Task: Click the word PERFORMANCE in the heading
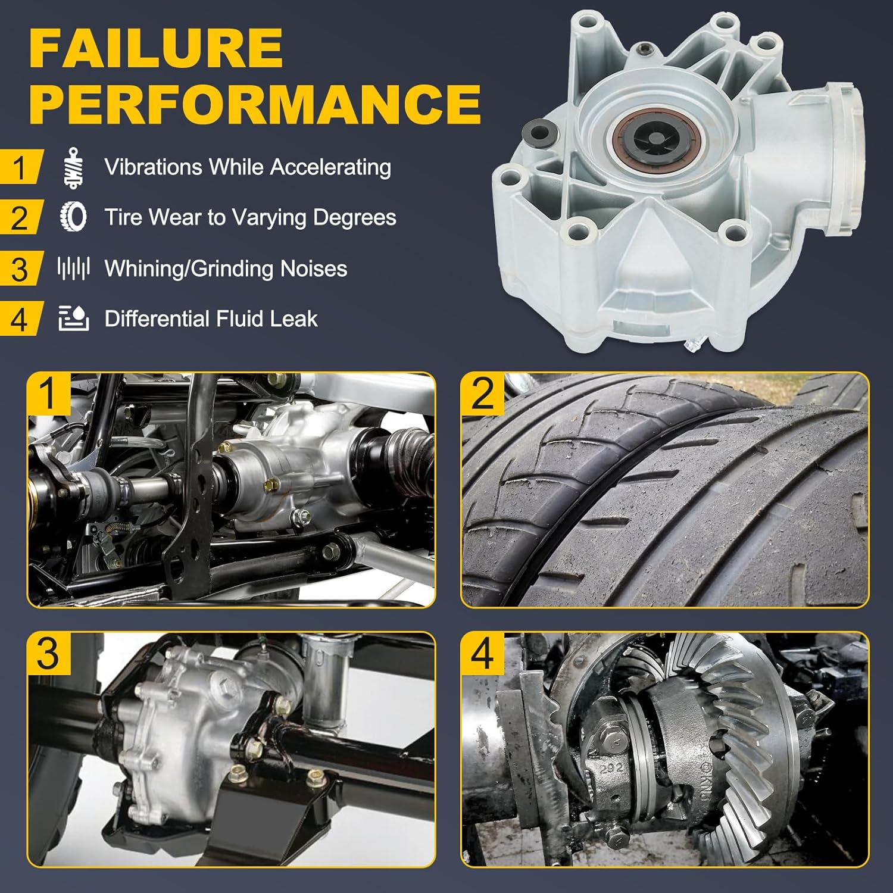click(255, 102)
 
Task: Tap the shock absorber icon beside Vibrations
click(74, 168)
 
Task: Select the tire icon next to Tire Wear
click(74, 217)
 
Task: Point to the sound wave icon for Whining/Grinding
click(74, 268)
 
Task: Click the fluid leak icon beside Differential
click(74, 318)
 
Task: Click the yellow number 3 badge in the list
click(20, 269)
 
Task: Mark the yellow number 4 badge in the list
click(20, 320)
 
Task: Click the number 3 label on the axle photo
click(49, 653)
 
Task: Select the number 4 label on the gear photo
click(483, 653)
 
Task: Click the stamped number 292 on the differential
click(611, 768)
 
